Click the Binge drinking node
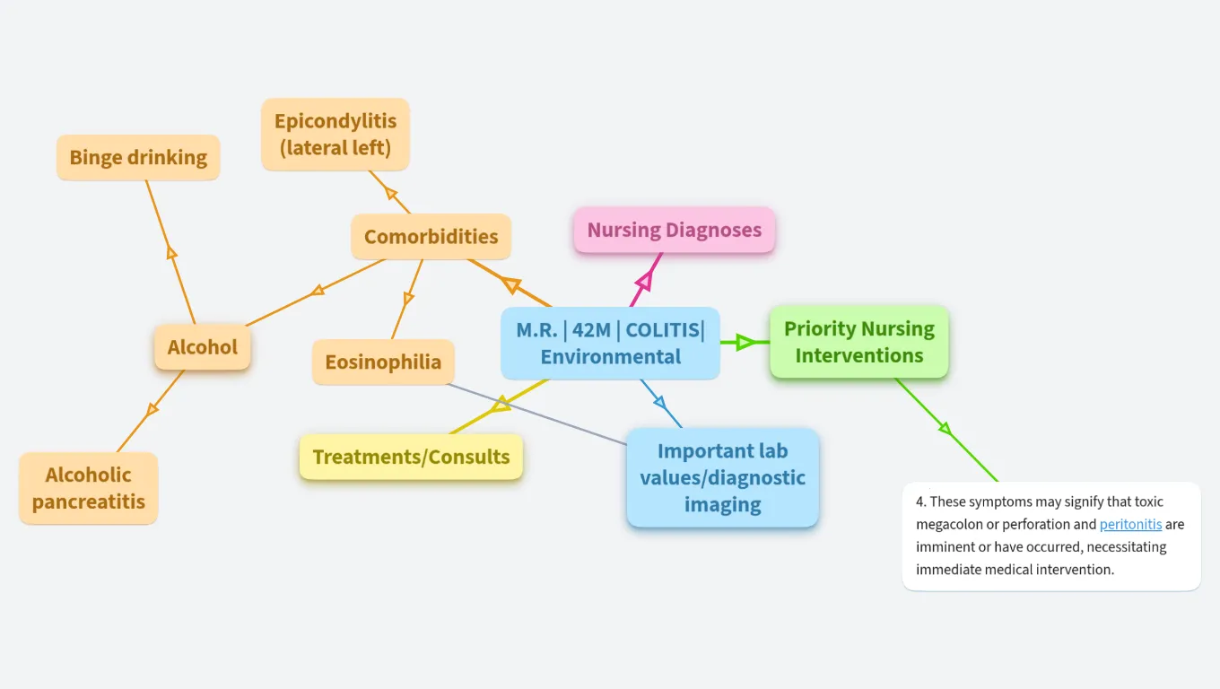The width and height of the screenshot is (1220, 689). [138, 158]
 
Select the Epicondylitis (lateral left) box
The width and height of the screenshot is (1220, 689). [335, 135]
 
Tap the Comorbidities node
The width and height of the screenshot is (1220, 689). [431, 237]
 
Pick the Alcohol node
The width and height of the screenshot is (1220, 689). [203, 347]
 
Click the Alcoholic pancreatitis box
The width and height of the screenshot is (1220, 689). [88, 488]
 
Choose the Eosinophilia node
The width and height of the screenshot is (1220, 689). [383, 362]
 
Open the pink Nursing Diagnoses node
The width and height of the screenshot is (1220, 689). [674, 230]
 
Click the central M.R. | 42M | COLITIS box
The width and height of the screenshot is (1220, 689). [610, 343]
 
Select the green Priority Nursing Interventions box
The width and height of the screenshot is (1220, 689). [858, 342]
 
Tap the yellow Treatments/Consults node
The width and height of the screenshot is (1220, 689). [411, 457]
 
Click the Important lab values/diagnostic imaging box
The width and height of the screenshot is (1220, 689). [722, 477]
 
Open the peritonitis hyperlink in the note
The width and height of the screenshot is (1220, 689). [1130, 524]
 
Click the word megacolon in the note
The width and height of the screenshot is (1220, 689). [952, 524]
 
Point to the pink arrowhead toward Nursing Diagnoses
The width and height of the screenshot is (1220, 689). [642, 285]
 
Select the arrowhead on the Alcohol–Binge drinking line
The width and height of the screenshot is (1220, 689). [172, 252]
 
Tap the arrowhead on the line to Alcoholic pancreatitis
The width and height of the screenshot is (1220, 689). [152, 409]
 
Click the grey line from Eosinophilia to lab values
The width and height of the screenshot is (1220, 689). [538, 414]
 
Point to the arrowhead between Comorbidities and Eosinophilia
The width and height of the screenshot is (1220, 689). [409, 298]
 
